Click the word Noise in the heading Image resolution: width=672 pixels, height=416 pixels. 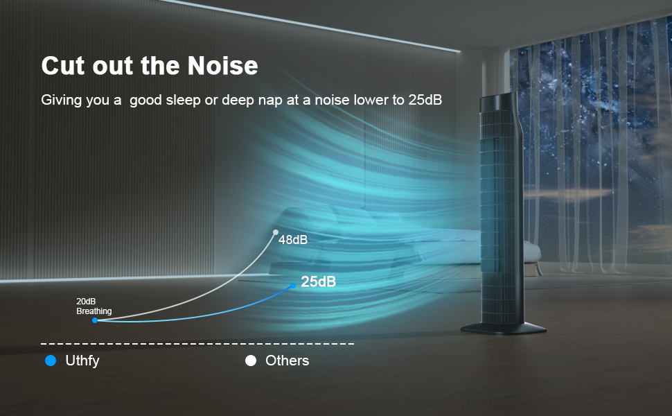(222, 66)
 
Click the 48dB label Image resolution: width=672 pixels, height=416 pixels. (293, 241)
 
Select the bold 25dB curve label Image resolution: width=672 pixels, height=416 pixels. (319, 282)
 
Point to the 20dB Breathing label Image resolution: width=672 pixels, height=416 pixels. (94, 306)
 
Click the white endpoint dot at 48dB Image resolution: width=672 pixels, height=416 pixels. (276, 232)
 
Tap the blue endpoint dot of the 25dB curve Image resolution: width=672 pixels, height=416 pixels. (293, 284)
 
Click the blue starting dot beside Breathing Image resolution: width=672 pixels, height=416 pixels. (95, 320)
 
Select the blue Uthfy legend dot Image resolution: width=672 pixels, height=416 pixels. (50, 361)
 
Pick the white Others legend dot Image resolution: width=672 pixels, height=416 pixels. (251, 361)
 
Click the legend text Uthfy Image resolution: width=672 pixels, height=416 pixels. (82, 361)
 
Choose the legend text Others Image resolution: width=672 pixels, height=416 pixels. (287, 361)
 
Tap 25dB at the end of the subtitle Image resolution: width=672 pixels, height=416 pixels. (425, 100)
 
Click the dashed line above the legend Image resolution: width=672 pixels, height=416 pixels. (197, 344)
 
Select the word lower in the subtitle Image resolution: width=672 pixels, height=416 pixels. (372, 100)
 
